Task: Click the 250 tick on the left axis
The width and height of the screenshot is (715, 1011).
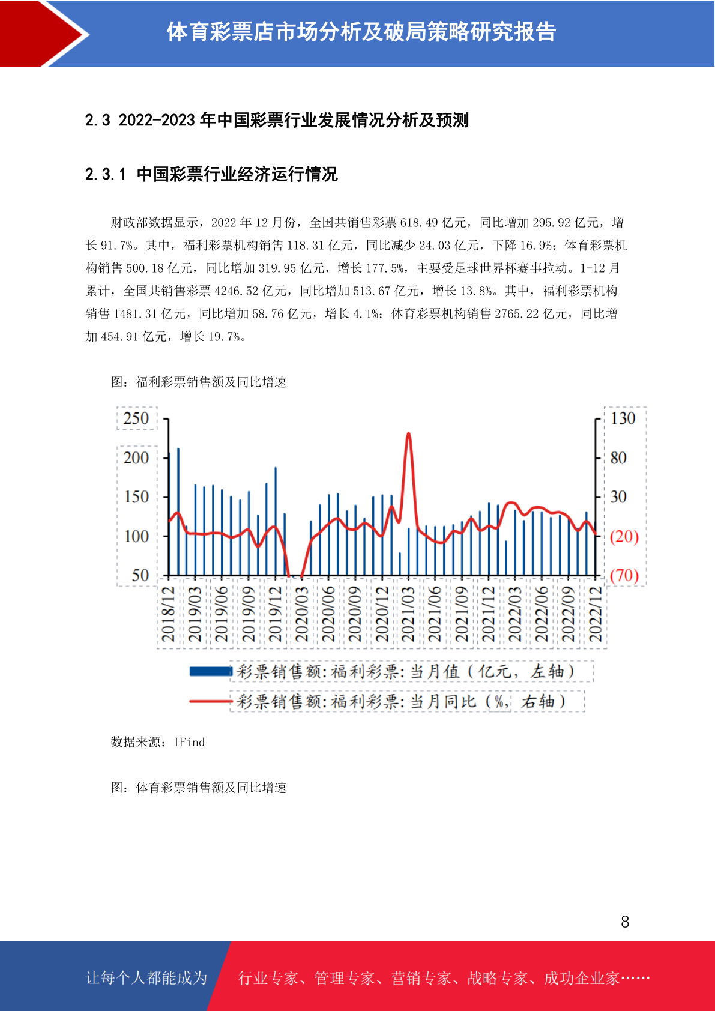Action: click(x=136, y=418)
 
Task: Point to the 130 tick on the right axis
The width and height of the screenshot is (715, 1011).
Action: click(x=623, y=418)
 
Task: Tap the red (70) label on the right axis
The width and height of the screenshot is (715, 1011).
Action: click(x=624, y=576)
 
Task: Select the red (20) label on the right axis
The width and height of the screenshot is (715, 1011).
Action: click(x=624, y=536)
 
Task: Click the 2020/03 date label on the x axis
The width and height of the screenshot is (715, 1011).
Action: click(x=301, y=614)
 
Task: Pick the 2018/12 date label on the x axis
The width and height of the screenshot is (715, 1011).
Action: click(x=168, y=614)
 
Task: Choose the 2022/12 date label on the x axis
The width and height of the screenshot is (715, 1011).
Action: click(x=596, y=614)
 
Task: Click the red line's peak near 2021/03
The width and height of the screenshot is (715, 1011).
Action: click(x=408, y=433)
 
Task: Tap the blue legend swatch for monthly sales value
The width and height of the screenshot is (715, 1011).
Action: click(x=211, y=672)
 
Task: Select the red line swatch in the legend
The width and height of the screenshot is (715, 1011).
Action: click(x=211, y=701)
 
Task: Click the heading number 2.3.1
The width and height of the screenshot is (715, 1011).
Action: click(x=105, y=174)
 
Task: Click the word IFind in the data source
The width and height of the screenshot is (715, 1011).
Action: click(x=189, y=743)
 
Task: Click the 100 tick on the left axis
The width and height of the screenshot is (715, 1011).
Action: click(x=136, y=536)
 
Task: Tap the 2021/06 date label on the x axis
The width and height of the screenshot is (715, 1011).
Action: click(x=435, y=614)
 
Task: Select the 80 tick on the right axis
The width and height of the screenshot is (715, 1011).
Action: click(x=618, y=457)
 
